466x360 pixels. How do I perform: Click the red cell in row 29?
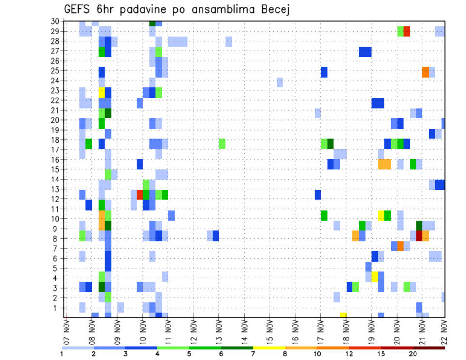tap(407, 32)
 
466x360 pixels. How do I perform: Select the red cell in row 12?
tap(140, 195)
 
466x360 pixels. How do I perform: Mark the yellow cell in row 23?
tap(101, 92)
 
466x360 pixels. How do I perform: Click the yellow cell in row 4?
tap(375, 277)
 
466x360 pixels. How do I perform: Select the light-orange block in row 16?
tap(384, 164)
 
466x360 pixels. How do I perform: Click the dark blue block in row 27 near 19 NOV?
tap(366, 51)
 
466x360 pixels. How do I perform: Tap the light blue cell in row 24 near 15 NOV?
tap(280, 82)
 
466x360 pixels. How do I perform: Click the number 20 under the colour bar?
tap(413, 353)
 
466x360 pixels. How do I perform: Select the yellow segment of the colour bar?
tap(269, 348)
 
